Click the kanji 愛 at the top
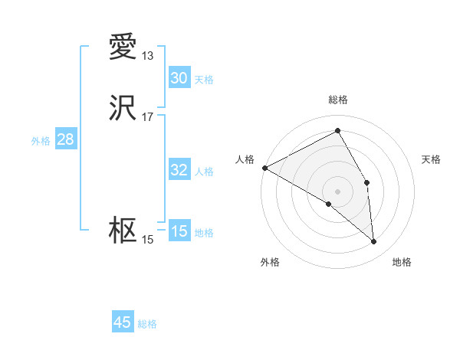pos(123,47)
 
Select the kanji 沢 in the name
pos(123,109)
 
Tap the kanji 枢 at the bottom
pos(123,231)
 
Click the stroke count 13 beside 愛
pos(148,56)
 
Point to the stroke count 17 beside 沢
pos(148,117)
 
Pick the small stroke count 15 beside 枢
pos(148,240)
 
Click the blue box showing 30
pos(179,78)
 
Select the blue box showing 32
pos(179,170)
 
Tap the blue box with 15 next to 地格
pos(179,231)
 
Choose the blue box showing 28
pos(65,139)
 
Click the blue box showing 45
pos(123,322)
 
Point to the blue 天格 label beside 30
pos(204,80)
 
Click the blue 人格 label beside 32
pos(204,172)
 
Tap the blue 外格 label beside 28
pos(41,141)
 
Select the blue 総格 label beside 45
pos(147,324)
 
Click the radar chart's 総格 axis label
pos(338,100)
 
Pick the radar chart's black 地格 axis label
pos(402,262)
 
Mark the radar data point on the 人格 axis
pos(264,168)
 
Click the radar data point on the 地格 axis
pos(374,241)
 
